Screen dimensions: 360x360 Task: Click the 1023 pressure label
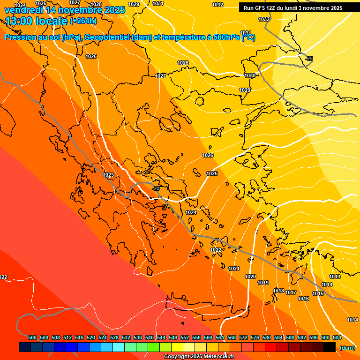click(108, 175)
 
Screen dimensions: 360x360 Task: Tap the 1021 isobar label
click(234, 269)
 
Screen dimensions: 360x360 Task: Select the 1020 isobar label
click(250, 277)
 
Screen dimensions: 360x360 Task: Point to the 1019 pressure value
click(263, 283)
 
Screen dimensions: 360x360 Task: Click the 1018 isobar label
click(278, 291)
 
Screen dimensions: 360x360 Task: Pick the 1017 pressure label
click(291, 293)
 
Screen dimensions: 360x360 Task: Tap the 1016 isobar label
click(303, 299)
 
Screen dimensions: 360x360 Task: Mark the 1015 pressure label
click(318, 293)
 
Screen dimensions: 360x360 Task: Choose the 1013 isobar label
click(334, 277)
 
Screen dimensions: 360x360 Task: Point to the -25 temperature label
click(309, 59)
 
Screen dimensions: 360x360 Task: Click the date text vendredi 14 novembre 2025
click(65, 9)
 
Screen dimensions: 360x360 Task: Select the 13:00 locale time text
click(37, 21)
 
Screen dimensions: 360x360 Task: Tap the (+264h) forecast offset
click(83, 21)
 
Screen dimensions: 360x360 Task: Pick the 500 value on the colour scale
click(32, 337)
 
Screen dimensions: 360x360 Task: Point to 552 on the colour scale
click(185, 337)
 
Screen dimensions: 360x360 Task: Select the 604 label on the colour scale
click(337, 337)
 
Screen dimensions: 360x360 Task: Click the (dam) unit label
click(347, 348)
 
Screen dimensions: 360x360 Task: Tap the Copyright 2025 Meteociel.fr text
click(199, 357)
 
